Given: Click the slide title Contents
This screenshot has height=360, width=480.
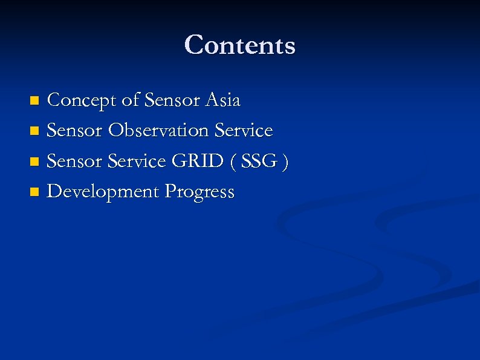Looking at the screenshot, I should point(240,45).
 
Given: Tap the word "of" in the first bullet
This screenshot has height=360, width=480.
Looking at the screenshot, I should point(131,100).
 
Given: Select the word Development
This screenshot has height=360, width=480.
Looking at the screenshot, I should point(103,192).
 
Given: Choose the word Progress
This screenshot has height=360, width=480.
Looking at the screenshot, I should point(199,192).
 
